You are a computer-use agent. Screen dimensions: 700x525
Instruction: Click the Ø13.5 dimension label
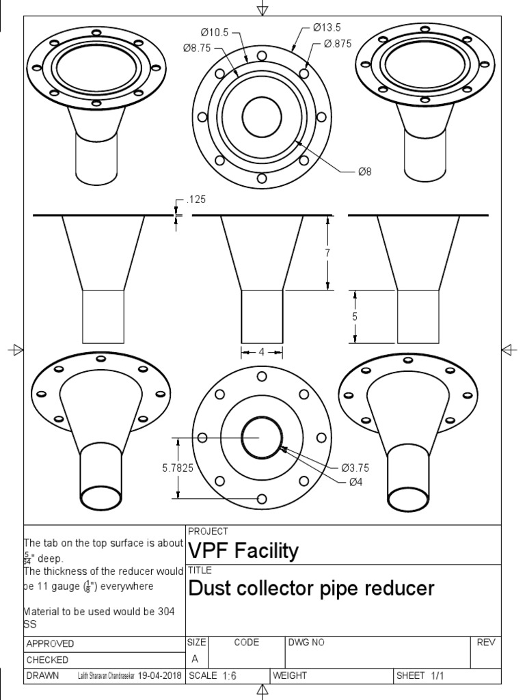(x=326, y=27)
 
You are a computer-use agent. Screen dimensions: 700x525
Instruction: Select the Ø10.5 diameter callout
(x=215, y=32)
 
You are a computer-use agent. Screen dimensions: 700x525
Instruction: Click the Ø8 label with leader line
(x=364, y=172)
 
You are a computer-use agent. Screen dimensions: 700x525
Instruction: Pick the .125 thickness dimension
(x=196, y=200)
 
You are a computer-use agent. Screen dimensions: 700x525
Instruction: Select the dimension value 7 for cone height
(x=327, y=253)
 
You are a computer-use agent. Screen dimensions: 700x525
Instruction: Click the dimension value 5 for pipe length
(x=355, y=317)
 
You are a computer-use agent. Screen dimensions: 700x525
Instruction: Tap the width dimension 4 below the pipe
(x=262, y=352)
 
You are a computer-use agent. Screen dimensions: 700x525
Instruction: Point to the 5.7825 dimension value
(x=177, y=468)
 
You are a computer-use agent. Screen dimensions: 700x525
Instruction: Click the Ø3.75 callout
(x=355, y=468)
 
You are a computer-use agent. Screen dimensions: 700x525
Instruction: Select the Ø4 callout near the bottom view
(x=355, y=482)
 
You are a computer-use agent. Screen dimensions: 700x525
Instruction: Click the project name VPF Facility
(x=243, y=551)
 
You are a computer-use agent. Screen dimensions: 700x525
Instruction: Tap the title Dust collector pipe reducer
(x=311, y=589)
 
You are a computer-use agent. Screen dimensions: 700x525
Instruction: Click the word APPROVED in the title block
(x=50, y=644)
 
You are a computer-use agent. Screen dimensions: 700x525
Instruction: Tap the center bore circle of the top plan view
(x=262, y=117)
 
